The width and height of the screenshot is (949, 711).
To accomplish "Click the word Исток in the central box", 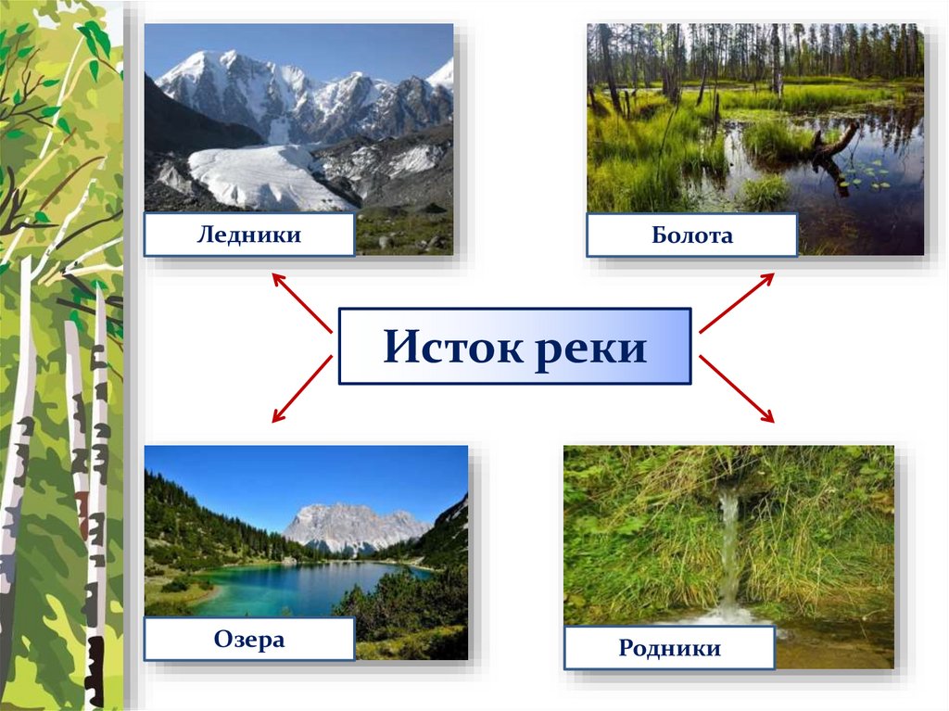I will [x=454, y=348].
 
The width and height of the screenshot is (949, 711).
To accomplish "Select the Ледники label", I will [x=248, y=235].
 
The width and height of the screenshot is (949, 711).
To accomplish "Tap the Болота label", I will [x=691, y=235].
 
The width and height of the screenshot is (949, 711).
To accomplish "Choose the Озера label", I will [x=248, y=640].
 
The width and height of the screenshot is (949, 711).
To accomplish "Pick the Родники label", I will [x=669, y=648].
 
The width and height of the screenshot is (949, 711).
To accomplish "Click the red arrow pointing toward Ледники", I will [x=301, y=301].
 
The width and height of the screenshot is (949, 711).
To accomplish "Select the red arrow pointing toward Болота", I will [x=737, y=302].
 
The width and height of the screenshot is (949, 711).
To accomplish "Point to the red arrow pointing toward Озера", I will [x=301, y=389].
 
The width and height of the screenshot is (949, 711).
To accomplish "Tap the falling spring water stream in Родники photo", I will [x=730, y=547].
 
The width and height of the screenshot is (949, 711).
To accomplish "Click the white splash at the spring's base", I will [x=732, y=614].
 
